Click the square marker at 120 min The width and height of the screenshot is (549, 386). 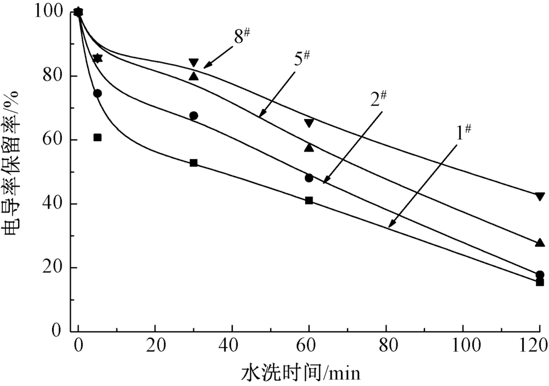pos(540,282)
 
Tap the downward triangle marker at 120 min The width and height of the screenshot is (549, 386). pos(540,196)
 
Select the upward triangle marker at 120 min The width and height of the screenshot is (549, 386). pos(540,243)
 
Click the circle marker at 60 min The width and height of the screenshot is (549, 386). pos(309,178)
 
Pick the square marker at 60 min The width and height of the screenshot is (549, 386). pos(309,200)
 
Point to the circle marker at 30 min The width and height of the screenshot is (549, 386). pos(193,116)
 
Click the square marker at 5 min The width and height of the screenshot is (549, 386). pos(97,137)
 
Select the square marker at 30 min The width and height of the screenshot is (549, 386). pos(193,163)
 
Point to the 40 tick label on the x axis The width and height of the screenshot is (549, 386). pos(232,346)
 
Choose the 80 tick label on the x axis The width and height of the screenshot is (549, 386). pos(386,346)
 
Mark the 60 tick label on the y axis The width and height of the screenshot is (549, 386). pos(53,140)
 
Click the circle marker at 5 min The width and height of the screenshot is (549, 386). pos(97,93)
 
